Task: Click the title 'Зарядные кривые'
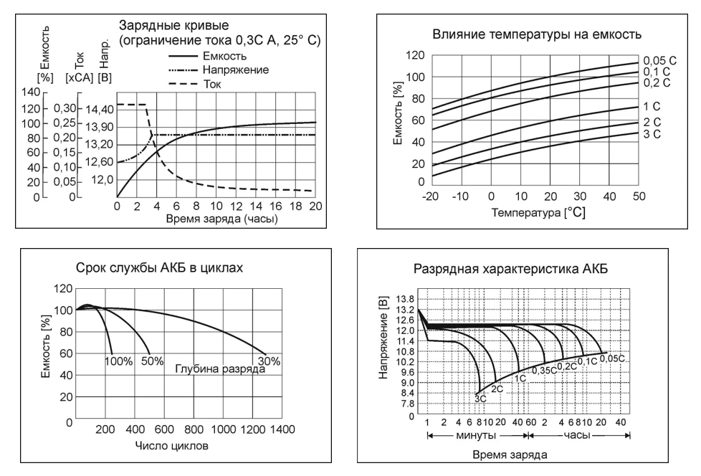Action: point(173,25)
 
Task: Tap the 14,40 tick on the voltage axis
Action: point(99,110)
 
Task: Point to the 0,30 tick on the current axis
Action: point(65,108)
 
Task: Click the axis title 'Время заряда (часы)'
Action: point(221,219)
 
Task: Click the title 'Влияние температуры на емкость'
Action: point(536,34)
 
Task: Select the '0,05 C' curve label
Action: point(660,61)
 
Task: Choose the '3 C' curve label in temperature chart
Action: point(652,134)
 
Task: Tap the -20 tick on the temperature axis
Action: point(430,196)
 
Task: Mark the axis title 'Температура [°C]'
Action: point(538,212)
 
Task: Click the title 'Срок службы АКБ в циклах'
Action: point(159,267)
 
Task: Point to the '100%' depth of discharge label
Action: point(118,361)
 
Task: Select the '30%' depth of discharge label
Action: point(269,361)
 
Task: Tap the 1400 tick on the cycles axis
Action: point(282,429)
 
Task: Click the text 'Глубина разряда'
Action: point(220,369)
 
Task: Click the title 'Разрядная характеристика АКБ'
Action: point(510,269)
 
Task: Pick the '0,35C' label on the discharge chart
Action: point(544,371)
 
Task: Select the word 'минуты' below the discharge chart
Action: point(476,435)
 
